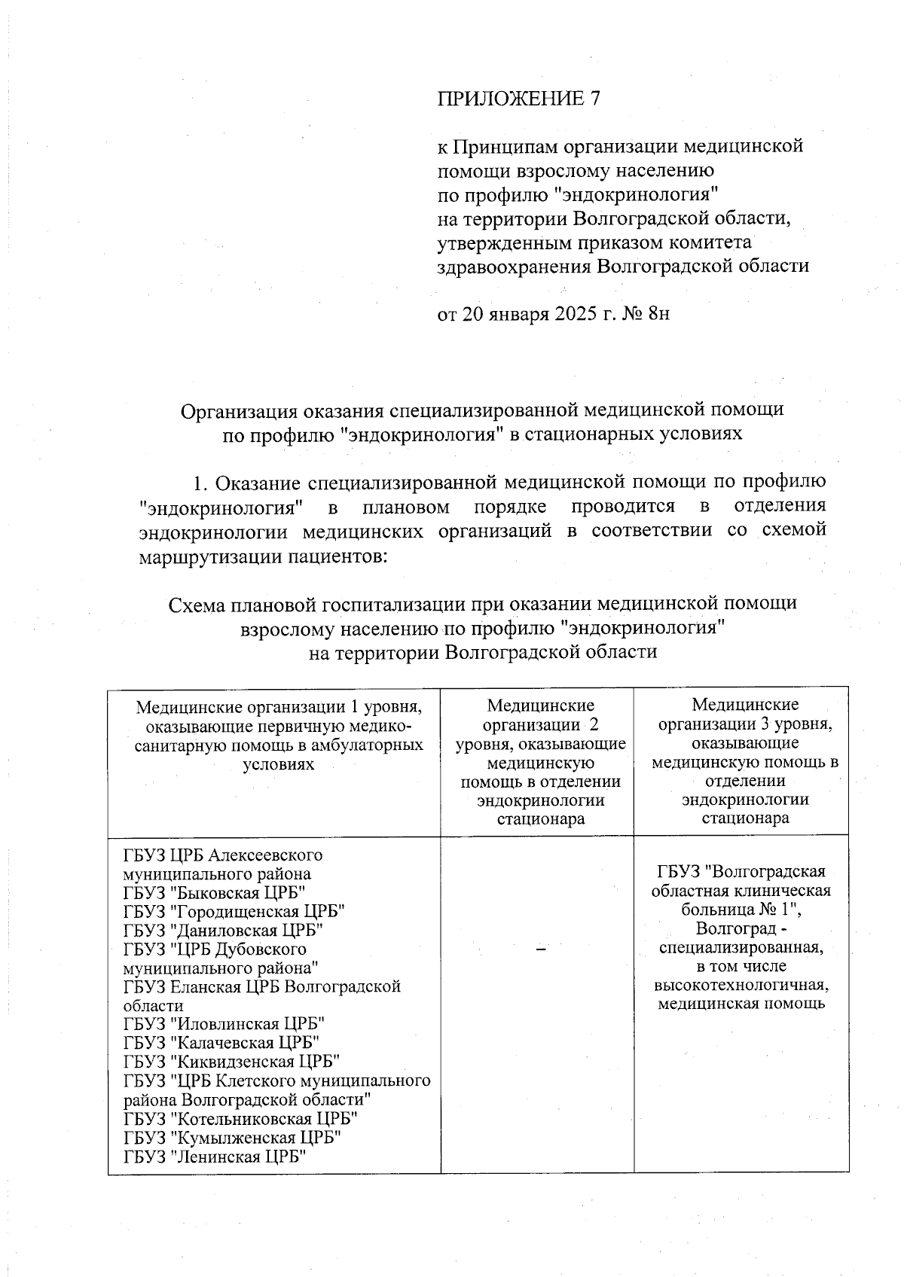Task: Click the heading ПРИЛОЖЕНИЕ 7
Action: [x=519, y=99]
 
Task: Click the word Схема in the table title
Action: [x=197, y=603]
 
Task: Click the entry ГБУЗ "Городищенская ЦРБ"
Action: [x=234, y=912]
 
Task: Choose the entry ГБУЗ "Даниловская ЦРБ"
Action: [x=224, y=931]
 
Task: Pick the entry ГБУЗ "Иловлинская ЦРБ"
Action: [x=224, y=1024]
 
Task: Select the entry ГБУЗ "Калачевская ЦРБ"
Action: [x=221, y=1043]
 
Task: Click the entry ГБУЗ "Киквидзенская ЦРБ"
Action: [x=232, y=1062]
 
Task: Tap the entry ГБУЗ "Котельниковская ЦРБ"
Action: [x=240, y=1118]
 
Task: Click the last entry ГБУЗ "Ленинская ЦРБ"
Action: [x=218, y=1156]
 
